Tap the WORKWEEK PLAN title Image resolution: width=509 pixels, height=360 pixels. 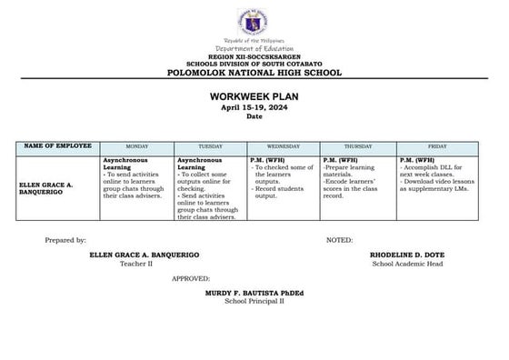pyautogui.click(x=254, y=95)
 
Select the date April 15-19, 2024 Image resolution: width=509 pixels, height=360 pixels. pyautogui.click(x=254, y=106)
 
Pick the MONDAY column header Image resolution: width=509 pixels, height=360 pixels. pyautogui.click(x=136, y=146)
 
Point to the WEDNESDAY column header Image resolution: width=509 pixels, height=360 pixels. pyautogui.click(x=283, y=146)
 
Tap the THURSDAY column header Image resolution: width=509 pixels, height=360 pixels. pyautogui.click(x=357, y=146)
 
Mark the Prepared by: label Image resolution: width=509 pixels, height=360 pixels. pyautogui.click(x=65, y=240)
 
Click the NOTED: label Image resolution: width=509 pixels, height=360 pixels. pyautogui.click(x=340, y=240)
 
